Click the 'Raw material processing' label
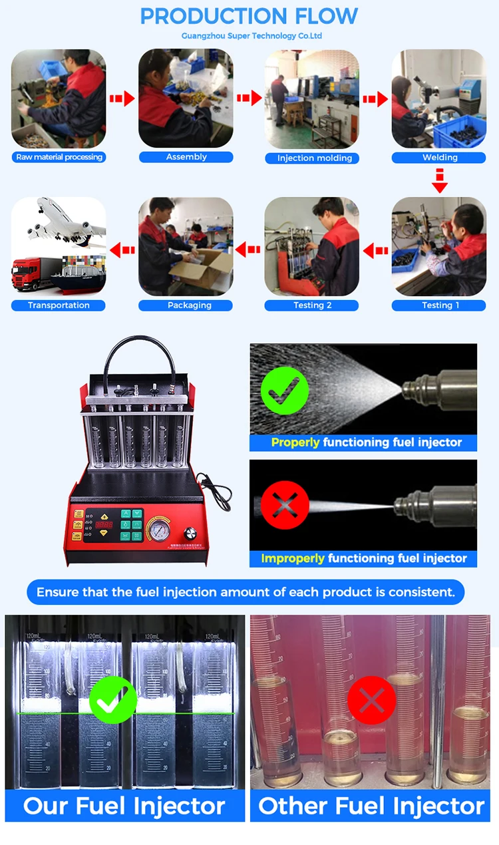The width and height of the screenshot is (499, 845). (x=59, y=157)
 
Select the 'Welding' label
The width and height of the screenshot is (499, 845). (x=440, y=158)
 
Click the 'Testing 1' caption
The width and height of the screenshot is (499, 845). (x=440, y=305)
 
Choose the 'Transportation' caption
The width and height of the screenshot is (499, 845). (x=59, y=305)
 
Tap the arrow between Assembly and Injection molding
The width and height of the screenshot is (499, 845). (x=249, y=98)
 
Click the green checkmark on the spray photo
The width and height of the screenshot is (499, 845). (x=285, y=389)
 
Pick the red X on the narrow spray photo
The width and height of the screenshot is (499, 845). (x=285, y=505)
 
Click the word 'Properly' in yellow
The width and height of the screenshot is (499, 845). (x=295, y=442)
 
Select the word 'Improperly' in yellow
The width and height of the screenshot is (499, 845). (x=293, y=558)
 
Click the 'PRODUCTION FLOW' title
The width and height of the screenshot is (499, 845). (x=249, y=16)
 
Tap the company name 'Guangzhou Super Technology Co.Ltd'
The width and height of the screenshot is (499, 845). (x=251, y=36)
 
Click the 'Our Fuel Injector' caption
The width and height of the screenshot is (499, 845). (x=124, y=806)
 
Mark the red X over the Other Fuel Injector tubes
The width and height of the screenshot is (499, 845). (x=372, y=700)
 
